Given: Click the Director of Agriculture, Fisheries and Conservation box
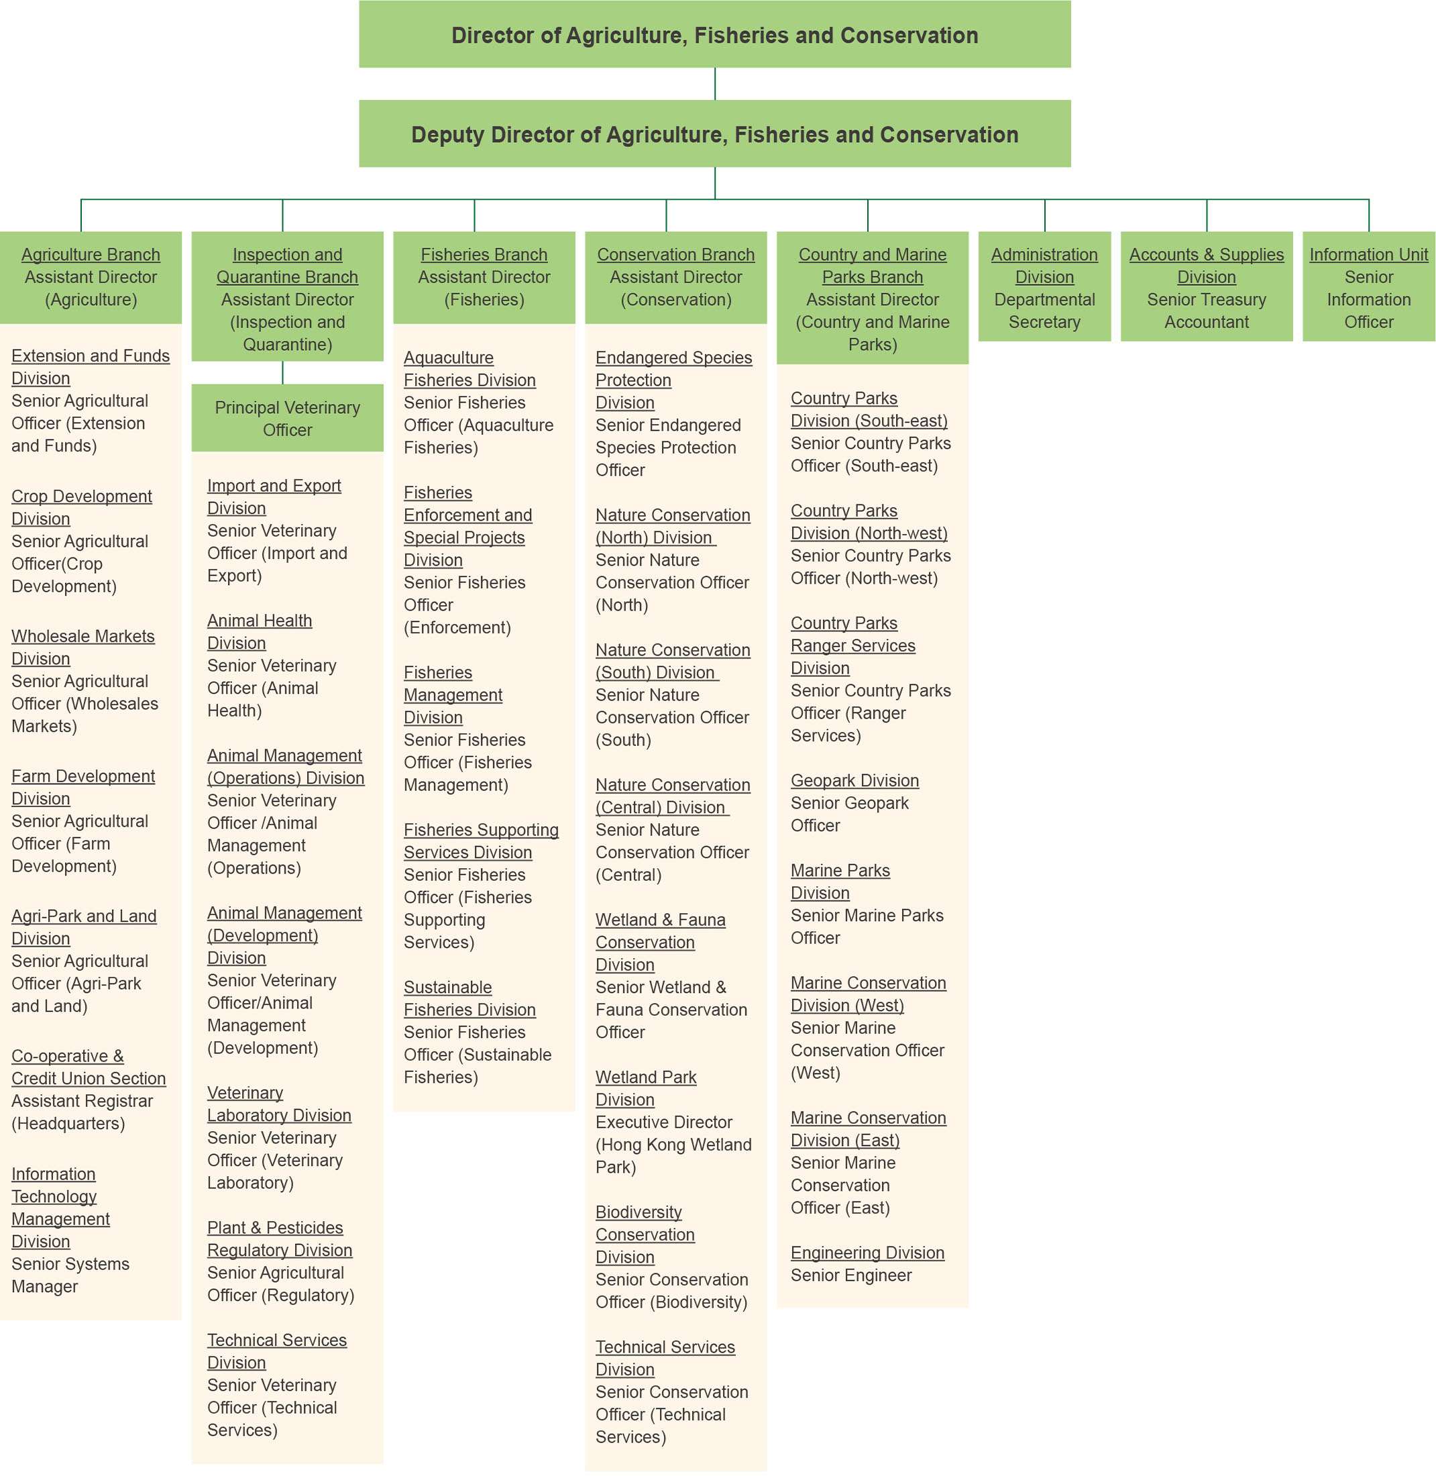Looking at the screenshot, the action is pyautogui.click(x=714, y=34).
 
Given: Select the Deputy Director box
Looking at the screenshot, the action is pyautogui.click(x=714, y=134).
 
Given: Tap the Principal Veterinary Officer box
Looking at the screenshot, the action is pyautogui.click(x=287, y=418).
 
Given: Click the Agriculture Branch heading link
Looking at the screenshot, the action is pyautogui.click(x=91, y=254).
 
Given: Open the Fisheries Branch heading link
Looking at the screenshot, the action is pyautogui.click(x=484, y=254).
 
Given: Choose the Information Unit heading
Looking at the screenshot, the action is pyautogui.click(x=1368, y=254).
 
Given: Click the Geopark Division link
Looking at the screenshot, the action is pyautogui.click(x=854, y=780).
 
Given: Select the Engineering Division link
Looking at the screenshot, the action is pyautogui.click(x=867, y=1253).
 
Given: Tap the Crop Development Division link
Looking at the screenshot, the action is pyautogui.click(x=81, y=507).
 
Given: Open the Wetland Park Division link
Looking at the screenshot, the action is pyautogui.click(x=646, y=1088).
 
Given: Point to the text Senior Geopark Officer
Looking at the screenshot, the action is pyautogui.click(x=849, y=814).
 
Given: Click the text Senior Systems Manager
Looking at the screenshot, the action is pyautogui.click(x=70, y=1275).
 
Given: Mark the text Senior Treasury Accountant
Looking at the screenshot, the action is pyautogui.click(x=1206, y=311).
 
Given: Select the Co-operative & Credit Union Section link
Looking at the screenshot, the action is pyautogui.click(x=89, y=1067).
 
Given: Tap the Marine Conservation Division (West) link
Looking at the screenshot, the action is pyautogui.click(x=868, y=994).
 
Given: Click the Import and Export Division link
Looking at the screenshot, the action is pyautogui.click(x=274, y=496).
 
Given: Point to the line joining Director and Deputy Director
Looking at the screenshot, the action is pyautogui.click(x=714, y=84).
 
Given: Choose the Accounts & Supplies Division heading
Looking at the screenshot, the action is pyautogui.click(x=1206, y=266).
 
